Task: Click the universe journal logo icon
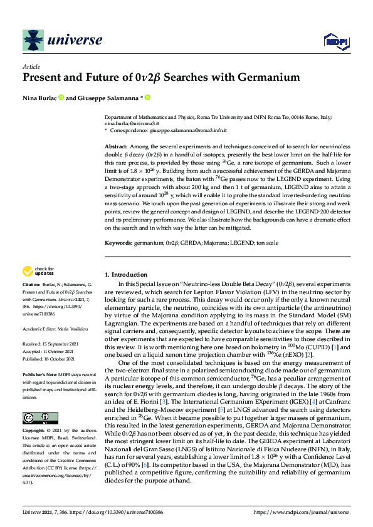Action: [32, 41]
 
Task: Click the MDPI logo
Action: [335, 41]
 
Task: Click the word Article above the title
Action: [31, 66]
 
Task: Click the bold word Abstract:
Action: [117, 145]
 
